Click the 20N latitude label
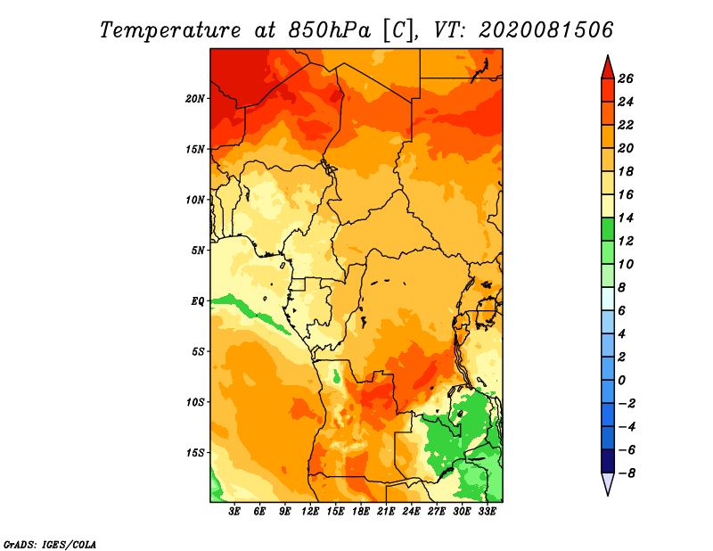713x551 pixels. (195, 99)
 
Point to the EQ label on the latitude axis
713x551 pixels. (198, 301)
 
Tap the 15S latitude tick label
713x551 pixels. (195, 453)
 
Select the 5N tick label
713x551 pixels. (198, 251)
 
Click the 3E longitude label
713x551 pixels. (234, 512)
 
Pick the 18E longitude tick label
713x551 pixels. (361, 512)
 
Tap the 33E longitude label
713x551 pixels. (487, 512)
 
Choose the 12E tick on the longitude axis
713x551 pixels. (310, 512)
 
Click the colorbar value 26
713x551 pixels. (626, 78)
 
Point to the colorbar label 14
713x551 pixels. (626, 218)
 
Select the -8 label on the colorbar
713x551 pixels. (627, 473)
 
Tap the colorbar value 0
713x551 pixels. (621, 381)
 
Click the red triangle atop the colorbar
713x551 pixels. (608, 69)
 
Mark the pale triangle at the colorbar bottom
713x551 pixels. (608, 482)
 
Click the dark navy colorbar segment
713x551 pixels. (608, 461)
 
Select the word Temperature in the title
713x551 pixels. (170, 30)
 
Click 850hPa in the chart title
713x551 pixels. (330, 30)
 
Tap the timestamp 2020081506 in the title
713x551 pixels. (546, 30)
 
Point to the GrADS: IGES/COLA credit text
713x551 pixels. (50, 545)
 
